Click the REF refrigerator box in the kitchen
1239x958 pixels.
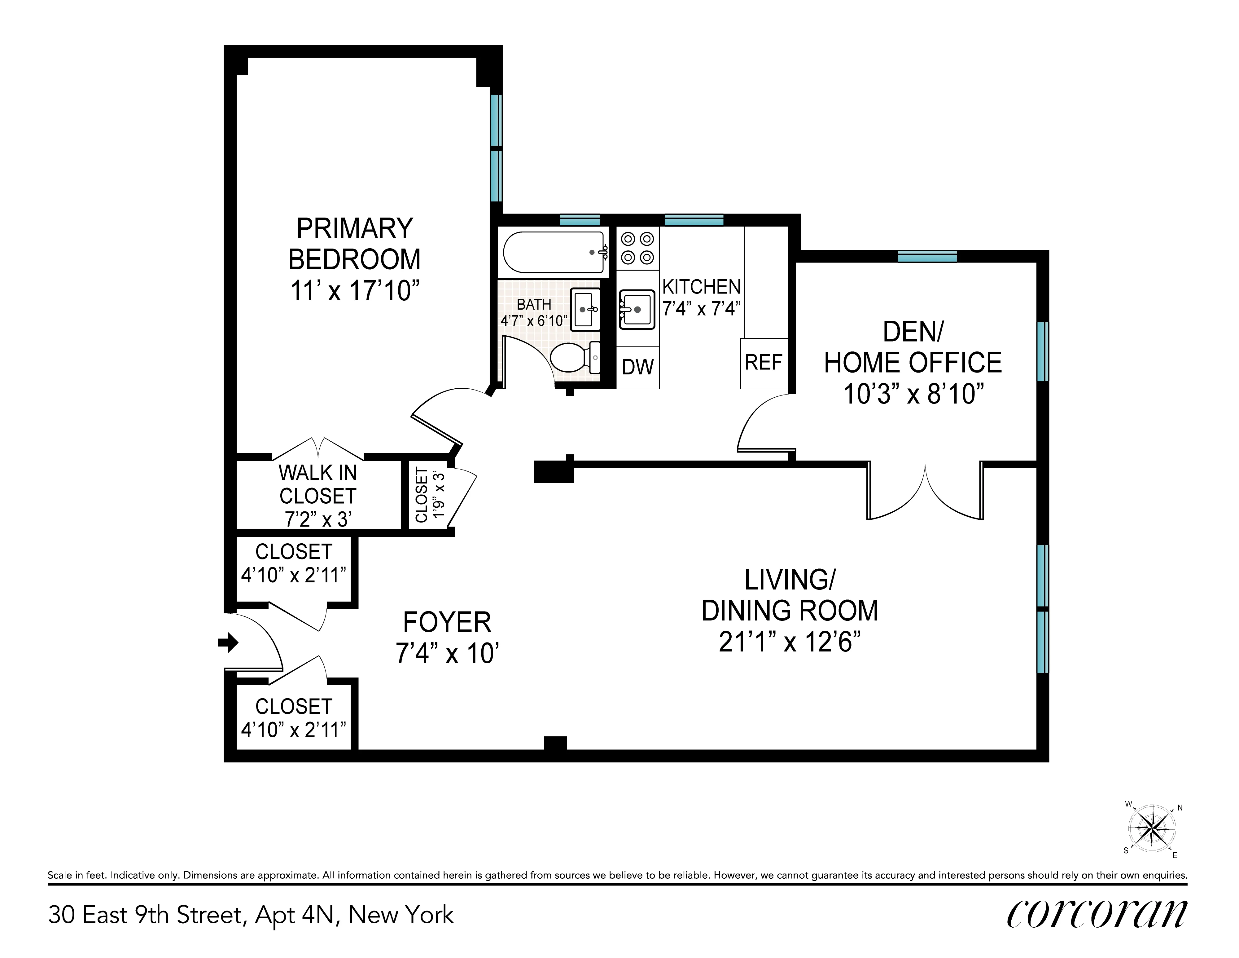(764, 363)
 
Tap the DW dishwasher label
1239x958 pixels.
(638, 367)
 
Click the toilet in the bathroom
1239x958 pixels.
(575, 358)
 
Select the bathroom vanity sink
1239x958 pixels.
(584, 310)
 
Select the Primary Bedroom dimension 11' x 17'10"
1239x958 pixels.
(355, 291)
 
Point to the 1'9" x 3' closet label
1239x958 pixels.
(431, 495)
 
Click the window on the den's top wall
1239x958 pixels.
(927, 257)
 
